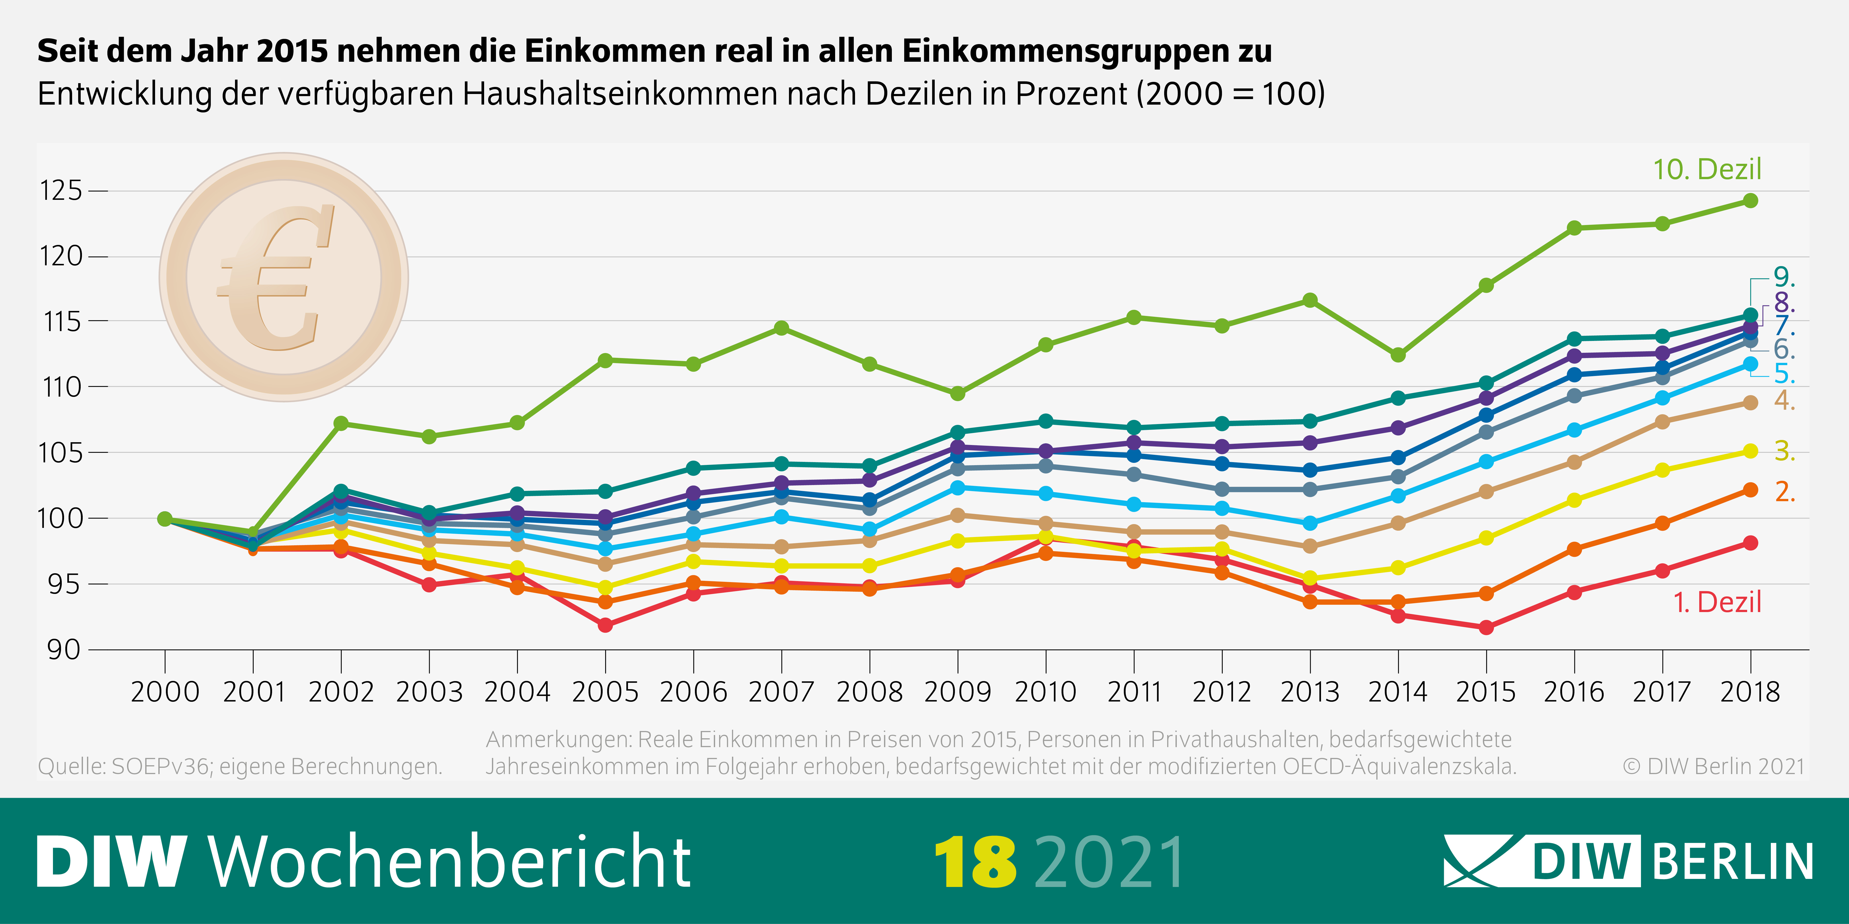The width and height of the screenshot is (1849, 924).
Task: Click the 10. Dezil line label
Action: click(1707, 169)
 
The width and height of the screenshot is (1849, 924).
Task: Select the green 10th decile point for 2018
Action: click(1751, 201)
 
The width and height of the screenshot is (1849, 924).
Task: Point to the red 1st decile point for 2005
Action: click(605, 625)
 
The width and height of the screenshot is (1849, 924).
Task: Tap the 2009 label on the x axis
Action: click(957, 692)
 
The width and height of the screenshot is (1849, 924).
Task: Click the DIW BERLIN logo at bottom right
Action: click(1628, 861)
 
